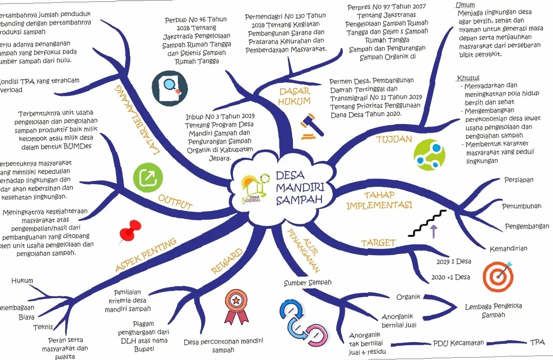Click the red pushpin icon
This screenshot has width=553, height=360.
click(130, 232)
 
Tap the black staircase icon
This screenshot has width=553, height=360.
click(428, 223)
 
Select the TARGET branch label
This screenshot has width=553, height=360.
click(378, 243)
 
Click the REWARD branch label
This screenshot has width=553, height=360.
click(227, 261)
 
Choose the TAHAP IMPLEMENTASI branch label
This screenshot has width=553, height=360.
click(379, 201)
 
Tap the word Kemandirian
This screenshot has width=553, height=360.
click(508, 249)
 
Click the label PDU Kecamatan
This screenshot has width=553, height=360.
click(459, 343)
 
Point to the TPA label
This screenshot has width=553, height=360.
click(537, 342)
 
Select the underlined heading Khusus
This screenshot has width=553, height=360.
click(468, 78)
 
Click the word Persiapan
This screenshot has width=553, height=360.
click(519, 180)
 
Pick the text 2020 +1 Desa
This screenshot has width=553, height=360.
click(450, 277)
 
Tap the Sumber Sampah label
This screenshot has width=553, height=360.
click(308, 283)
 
